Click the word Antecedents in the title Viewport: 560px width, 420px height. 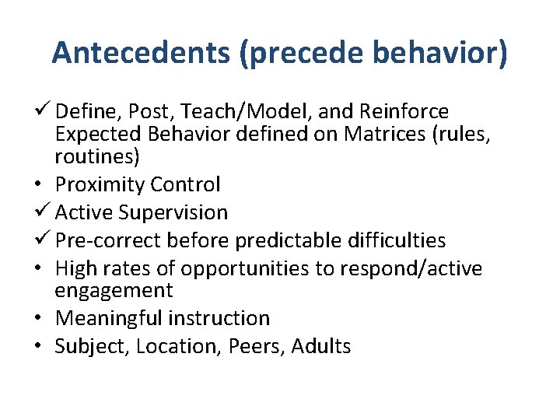pyautogui.click(x=142, y=52)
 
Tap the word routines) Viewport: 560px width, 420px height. pyautogui.click(x=97, y=156)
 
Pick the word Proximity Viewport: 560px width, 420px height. pyautogui.click(x=100, y=184)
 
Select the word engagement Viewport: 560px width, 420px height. pyautogui.click(x=114, y=291)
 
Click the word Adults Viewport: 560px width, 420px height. pyautogui.click(x=321, y=346)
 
